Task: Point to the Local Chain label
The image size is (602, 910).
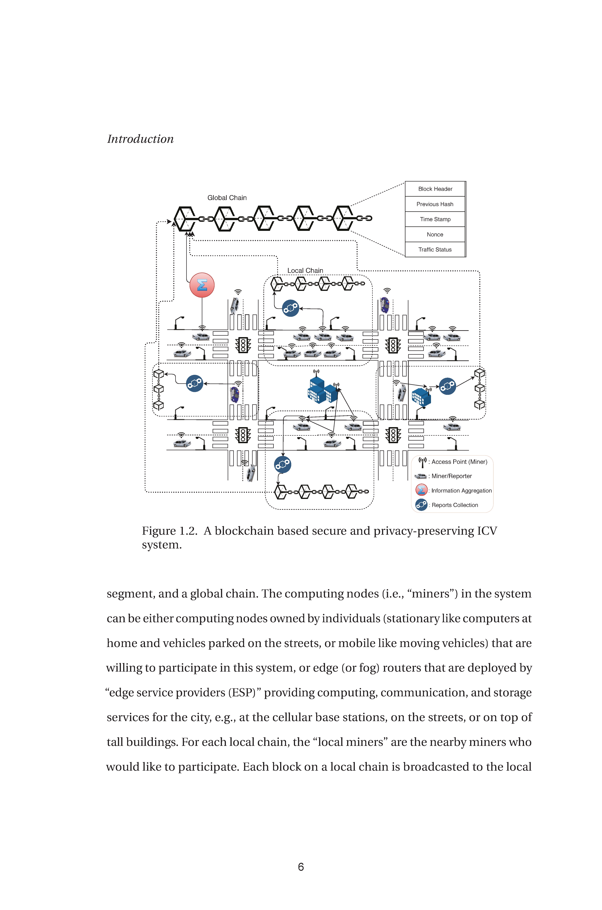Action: click(305, 271)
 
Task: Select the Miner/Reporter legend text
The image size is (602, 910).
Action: click(451, 476)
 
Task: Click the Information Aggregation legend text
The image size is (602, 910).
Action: click(461, 491)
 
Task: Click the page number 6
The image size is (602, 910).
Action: click(301, 867)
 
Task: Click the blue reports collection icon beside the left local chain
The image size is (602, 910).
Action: click(195, 384)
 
